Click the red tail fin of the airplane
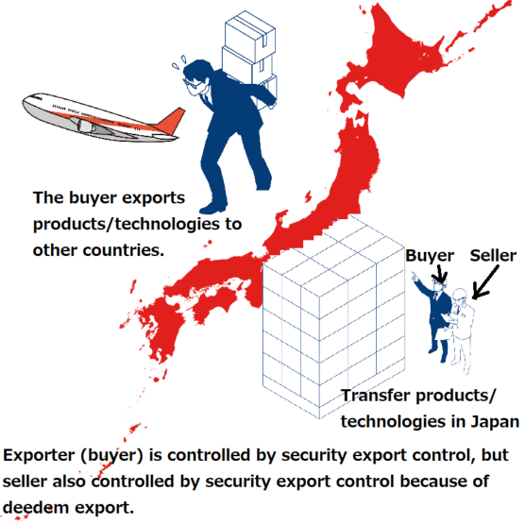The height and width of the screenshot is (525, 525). tap(170, 121)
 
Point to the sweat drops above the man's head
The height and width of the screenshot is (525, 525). tap(179, 62)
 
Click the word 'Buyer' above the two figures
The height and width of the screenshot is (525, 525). tap(430, 256)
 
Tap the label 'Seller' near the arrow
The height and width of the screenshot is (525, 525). tap(493, 256)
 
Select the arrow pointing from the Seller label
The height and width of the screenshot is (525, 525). tap(485, 282)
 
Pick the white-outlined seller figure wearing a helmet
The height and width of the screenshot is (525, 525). tap(463, 330)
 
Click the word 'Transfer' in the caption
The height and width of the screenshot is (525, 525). tap(376, 396)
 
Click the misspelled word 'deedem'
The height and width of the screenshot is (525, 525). tap(36, 507)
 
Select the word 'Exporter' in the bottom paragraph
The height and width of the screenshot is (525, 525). tap(39, 456)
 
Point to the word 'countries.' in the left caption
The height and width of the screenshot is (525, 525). tap(123, 250)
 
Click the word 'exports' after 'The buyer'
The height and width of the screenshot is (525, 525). tap(153, 198)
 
